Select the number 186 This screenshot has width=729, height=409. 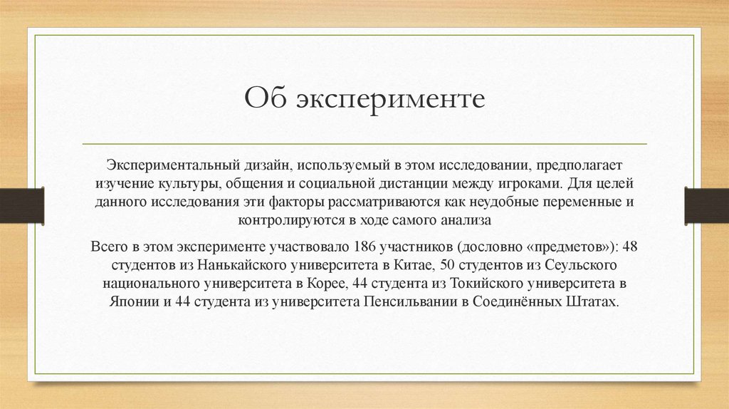[x=362, y=247]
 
